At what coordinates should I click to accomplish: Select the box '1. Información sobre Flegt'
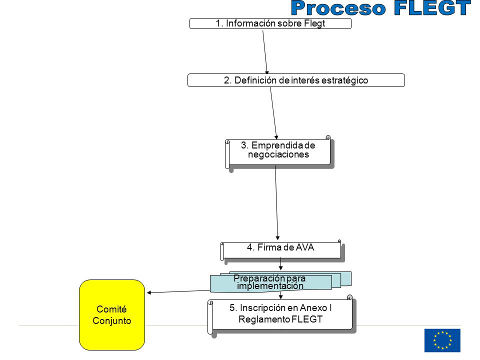click(270, 23)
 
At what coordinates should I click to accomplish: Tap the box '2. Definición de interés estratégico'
click(296, 80)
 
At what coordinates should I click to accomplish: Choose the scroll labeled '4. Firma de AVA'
click(282, 251)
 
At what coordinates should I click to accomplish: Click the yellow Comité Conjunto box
click(111, 314)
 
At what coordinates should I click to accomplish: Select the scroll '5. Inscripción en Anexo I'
click(281, 315)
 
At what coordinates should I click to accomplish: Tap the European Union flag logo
click(442, 340)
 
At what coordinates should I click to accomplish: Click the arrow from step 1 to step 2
click(265, 52)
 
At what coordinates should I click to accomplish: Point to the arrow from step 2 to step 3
click(273, 113)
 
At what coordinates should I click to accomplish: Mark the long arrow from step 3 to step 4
click(276, 202)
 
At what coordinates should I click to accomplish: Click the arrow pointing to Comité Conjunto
click(178, 291)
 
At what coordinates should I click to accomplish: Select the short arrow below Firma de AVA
click(280, 264)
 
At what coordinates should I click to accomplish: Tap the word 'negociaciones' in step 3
click(278, 154)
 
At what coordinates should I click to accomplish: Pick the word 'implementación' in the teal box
click(270, 286)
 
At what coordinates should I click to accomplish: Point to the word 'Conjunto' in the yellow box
click(111, 321)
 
